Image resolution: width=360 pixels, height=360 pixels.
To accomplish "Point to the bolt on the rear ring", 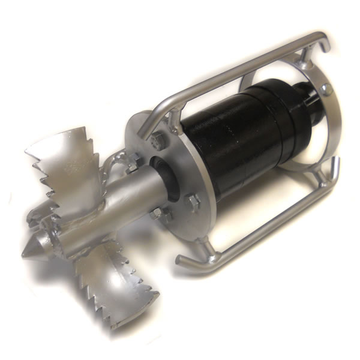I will click(x=328, y=90).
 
